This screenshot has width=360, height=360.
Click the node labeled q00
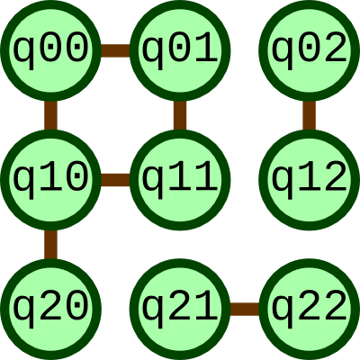50,50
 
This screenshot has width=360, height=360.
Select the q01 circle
180,50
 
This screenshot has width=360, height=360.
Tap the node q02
310,50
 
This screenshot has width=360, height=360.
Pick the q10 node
50,180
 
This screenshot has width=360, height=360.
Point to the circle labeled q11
180,180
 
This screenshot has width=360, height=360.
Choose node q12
310,180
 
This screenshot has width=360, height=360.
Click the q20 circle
50,310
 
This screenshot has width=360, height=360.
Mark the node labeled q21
180,310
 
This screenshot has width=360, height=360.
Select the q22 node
310,310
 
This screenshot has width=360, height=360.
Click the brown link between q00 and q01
115,50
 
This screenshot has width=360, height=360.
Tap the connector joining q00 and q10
50,115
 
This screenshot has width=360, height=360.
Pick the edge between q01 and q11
180,115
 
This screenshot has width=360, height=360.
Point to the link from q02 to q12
310,115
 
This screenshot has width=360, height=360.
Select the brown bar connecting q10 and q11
115,180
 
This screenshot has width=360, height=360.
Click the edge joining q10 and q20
50,245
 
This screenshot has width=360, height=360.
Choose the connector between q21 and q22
245,310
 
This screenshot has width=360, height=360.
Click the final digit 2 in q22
336,303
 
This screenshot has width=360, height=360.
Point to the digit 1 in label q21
206,303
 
